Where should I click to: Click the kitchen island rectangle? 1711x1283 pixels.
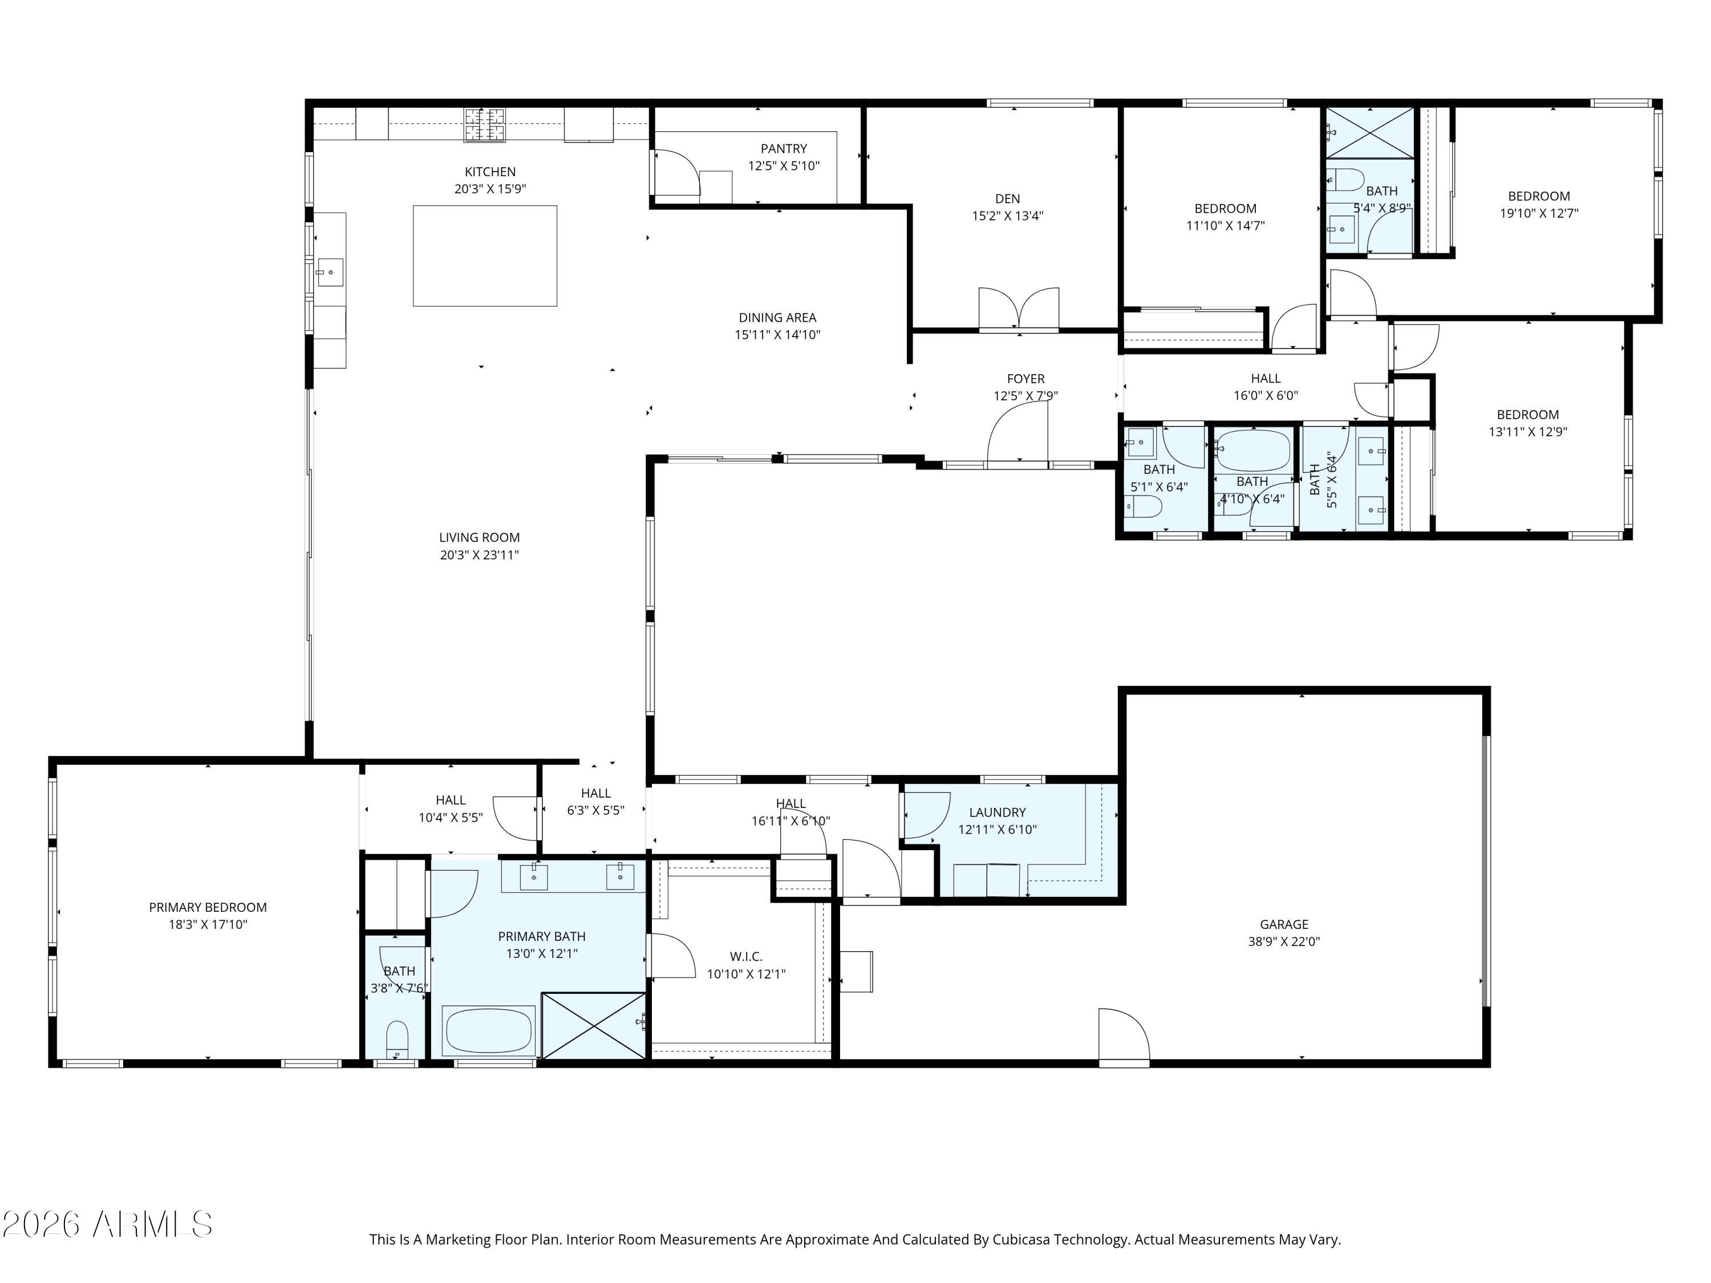(485, 256)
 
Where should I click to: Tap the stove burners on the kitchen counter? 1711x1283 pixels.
(484, 124)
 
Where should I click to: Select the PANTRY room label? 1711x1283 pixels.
(784, 148)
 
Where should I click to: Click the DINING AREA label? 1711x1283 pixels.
(777, 318)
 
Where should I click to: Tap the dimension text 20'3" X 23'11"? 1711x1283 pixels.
(480, 554)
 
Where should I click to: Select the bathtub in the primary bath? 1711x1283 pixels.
(488, 1031)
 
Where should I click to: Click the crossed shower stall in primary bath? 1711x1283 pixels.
(593, 1025)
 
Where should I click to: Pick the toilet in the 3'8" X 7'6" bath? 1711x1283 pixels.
(397, 1038)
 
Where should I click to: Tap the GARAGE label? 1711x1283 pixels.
(1284, 924)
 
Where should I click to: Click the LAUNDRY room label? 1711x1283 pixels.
(997, 812)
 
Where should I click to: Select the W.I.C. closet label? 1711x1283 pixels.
(745, 957)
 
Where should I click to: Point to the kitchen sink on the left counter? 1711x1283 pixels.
(330, 272)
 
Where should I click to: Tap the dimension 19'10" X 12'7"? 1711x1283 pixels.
(1539, 213)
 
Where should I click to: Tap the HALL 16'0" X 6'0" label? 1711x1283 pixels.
(1266, 378)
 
